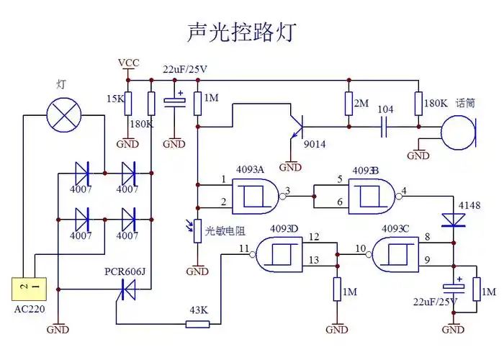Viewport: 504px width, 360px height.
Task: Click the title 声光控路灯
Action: coord(240,32)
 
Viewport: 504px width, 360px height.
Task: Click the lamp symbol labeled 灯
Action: coord(64,115)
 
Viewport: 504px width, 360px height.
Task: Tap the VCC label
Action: coord(129,63)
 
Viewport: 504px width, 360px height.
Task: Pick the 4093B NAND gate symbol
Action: coord(372,194)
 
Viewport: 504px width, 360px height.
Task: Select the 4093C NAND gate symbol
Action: coord(395,253)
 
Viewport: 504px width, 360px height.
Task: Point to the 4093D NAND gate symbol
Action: coord(283,253)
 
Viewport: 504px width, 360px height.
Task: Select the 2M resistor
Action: coord(348,104)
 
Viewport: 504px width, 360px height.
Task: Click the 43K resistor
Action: coord(197,324)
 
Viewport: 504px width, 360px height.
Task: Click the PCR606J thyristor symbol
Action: coord(127,290)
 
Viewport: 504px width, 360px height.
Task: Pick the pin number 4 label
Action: coord(404,190)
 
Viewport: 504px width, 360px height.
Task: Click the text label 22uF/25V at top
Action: coord(185,69)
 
